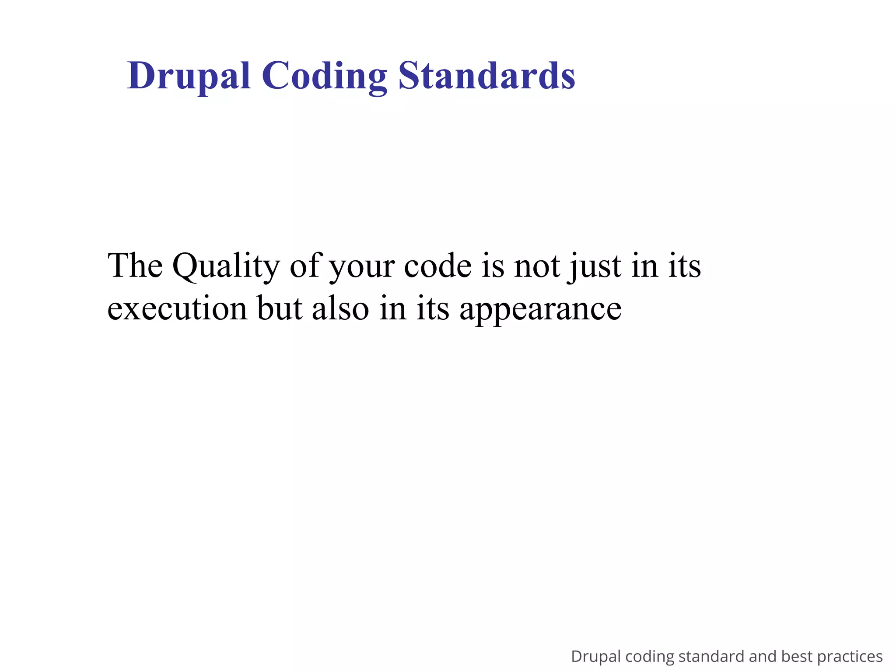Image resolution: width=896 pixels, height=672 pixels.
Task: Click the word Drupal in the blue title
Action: (x=189, y=77)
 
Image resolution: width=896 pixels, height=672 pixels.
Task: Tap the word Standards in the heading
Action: (x=486, y=77)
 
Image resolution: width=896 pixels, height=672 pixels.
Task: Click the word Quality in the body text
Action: (x=226, y=266)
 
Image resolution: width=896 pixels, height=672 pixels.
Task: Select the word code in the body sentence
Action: (x=438, y=266)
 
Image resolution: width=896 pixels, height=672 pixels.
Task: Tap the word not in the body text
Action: (x=537, y=266)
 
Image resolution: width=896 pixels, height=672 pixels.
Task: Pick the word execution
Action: (x=177, y=308)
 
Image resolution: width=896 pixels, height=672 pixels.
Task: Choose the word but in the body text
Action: (x=280, y=308)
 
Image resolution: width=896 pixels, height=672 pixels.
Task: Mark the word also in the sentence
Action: (x=340, y=308)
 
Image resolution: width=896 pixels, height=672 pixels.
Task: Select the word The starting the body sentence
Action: (x=135, y=266)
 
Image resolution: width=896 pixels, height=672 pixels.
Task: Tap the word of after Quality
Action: (x=304, y=266)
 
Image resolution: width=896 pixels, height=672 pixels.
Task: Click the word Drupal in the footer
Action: (x=596, y=657)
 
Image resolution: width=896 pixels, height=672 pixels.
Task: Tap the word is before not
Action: (x=493, y=266)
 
